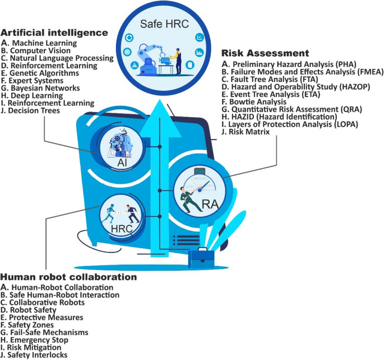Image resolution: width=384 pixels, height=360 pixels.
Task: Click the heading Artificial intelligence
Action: click(55, 33)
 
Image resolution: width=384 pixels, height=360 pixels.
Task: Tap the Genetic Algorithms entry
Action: click(42, 73)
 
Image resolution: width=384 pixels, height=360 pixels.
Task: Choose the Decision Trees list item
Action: click(33, 110)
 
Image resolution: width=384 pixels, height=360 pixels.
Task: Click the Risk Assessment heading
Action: click(265, 54)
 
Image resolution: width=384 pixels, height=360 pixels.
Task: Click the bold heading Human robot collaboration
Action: click(68, 277)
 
